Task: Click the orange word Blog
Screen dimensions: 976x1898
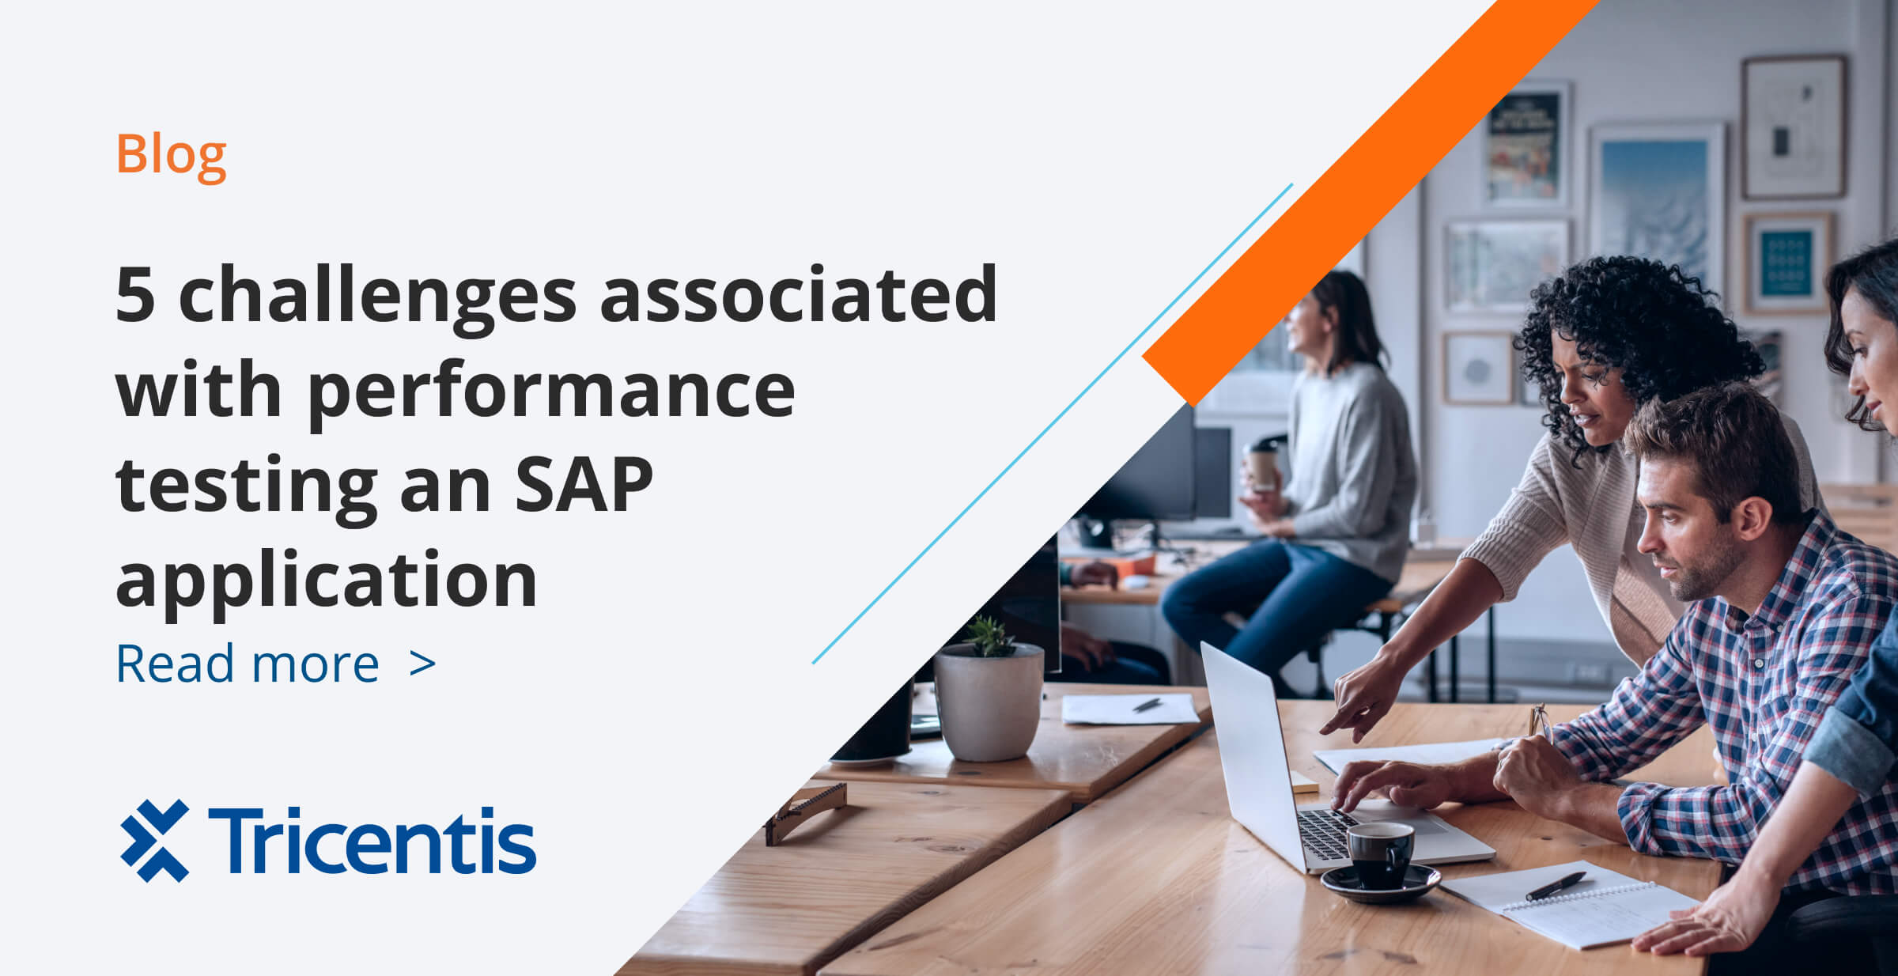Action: point(171,154)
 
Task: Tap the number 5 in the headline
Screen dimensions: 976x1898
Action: point(134,294)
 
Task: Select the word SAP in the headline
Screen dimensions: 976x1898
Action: point(584,484)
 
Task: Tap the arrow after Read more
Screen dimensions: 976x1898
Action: point(423,664)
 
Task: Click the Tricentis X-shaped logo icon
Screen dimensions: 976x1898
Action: point(155,840)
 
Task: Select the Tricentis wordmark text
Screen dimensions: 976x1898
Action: point(372,841)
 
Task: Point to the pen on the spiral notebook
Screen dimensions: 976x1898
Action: point(1555,886)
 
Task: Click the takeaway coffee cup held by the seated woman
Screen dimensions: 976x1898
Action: point(1261,467)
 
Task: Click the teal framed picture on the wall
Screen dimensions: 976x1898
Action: point(1786,263)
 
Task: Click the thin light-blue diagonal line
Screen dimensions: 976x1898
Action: point(1052,424)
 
